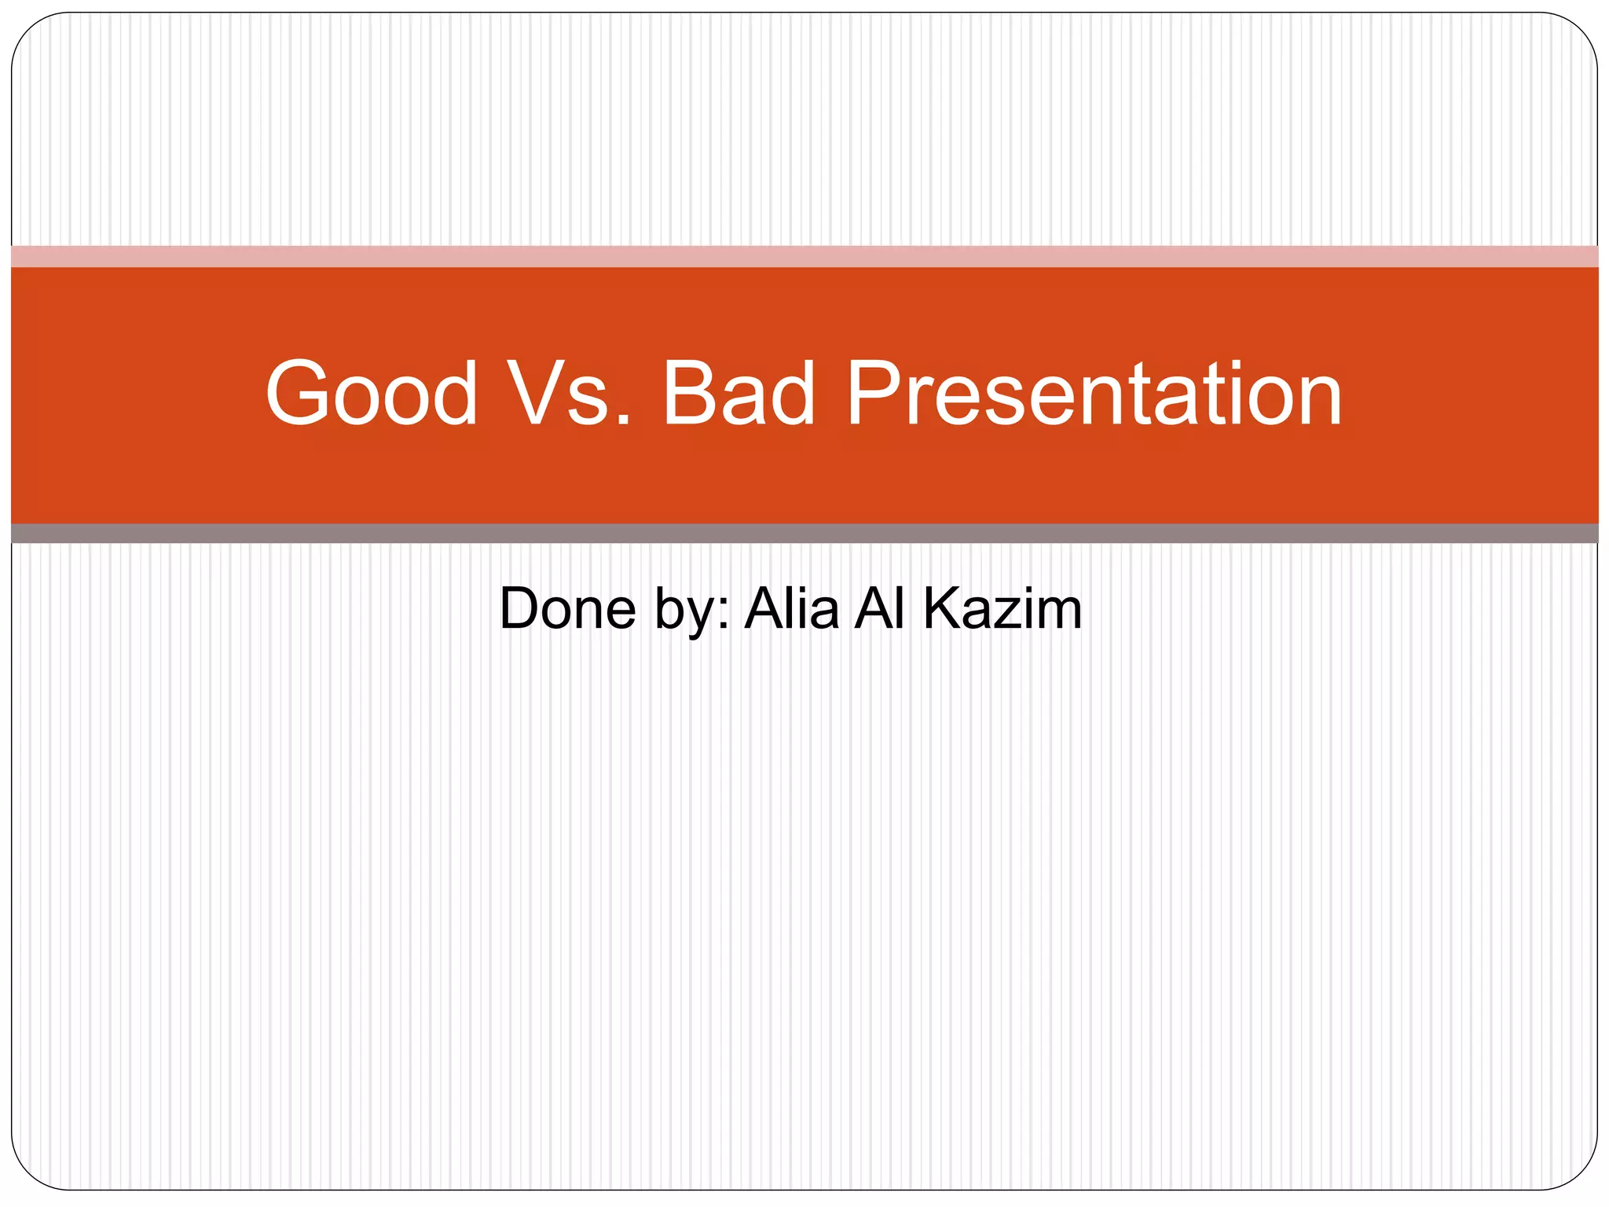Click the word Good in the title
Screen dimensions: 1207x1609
(371, 393)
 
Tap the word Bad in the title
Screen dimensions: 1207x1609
(739, 393)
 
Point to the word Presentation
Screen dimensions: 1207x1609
(1093, 393)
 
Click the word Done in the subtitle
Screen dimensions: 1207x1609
(567, 608)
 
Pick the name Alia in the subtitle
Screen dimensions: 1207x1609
(792, 608)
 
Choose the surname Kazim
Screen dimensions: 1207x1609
(1002, 608)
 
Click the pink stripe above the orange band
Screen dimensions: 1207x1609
(804, 256)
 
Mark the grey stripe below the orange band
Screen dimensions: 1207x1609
(804, 534)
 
